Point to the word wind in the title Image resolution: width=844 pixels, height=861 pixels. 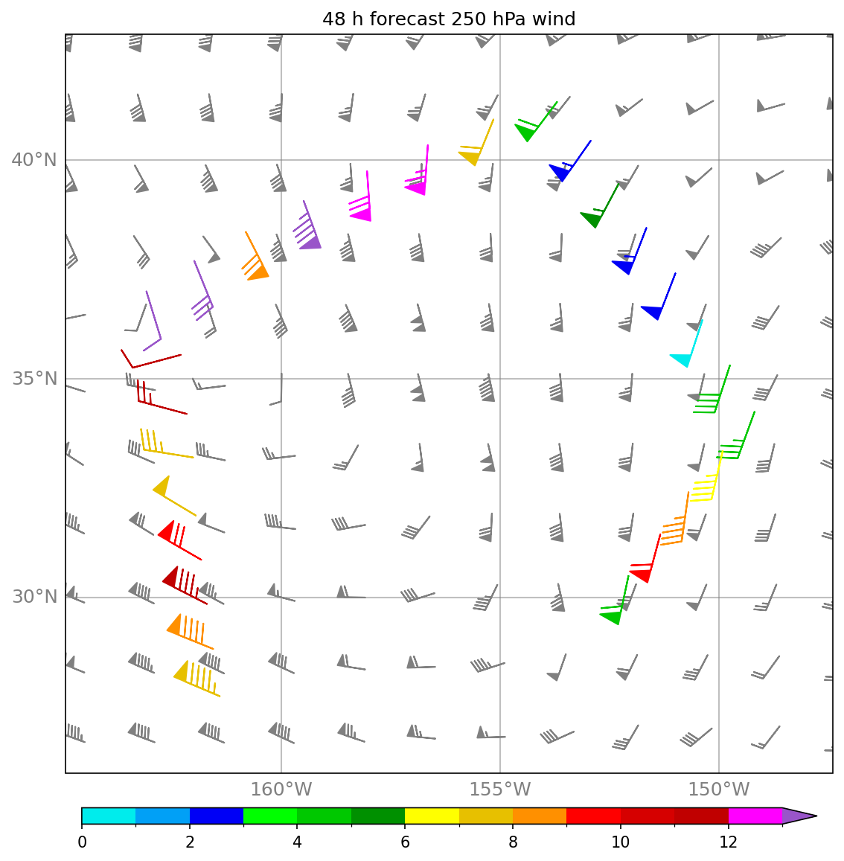554,19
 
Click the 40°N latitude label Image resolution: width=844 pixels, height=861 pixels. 34,160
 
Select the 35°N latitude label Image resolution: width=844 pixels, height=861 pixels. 34,379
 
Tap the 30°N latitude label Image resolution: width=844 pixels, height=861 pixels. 34,597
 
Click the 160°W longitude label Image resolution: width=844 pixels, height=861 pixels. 281,790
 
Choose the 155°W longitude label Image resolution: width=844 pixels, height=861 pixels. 500,790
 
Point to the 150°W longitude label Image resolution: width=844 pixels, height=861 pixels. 719,790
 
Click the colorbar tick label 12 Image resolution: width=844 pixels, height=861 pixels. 728,842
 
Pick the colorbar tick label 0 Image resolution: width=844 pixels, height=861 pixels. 82,842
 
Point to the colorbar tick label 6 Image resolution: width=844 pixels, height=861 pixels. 405,842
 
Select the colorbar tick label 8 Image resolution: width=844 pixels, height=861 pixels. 513,842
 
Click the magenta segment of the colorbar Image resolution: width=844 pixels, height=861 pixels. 755,816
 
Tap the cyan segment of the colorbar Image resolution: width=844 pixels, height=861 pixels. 109,816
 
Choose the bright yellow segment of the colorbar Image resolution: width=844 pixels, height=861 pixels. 432,816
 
